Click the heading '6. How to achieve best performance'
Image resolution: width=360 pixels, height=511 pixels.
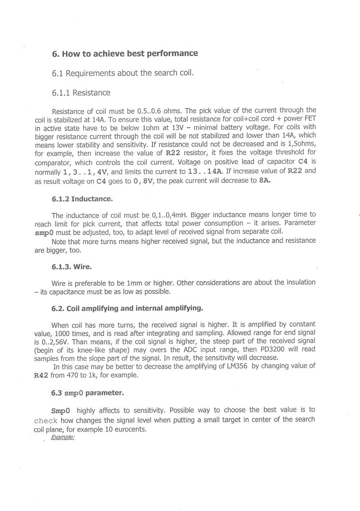(125, 53)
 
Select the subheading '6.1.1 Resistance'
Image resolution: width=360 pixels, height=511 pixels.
(81, 93)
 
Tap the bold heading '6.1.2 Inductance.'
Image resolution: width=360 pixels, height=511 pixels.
(82, 198)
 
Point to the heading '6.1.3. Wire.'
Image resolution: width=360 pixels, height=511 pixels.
(71, 267)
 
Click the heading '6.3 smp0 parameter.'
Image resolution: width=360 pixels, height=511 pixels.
(87, 393)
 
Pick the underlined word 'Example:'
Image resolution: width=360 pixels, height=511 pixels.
(63, 437)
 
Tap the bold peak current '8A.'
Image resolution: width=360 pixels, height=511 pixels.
(265, 181)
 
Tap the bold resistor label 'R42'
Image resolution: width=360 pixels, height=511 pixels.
(41, 375)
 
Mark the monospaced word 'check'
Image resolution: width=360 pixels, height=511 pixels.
(45, 421)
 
